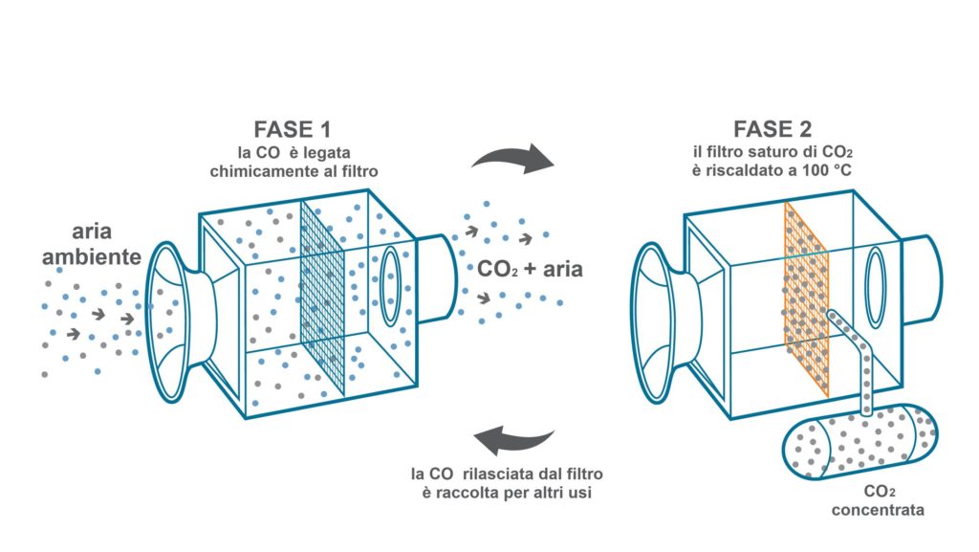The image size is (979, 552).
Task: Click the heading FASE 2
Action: coord(772,128)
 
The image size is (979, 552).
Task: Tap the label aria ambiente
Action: coord(103,245)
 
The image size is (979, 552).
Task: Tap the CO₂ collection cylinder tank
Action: coord(860,441)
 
